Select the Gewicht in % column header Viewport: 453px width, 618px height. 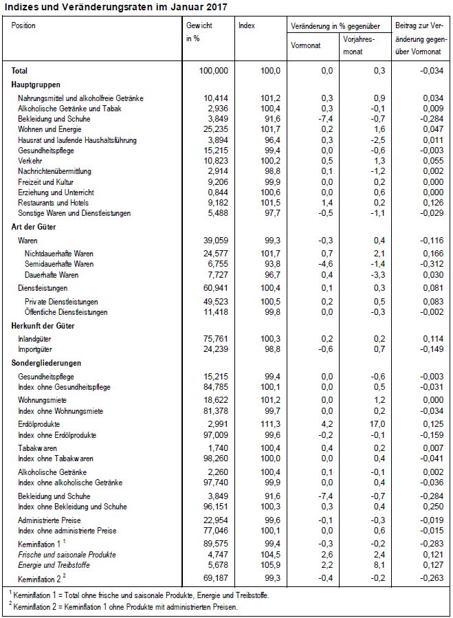[199, 31]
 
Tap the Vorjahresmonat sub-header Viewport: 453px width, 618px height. [358, 45]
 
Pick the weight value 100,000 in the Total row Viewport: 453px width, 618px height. [212, 71]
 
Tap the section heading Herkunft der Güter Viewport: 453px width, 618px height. [43, 326]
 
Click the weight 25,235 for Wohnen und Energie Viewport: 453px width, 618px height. [216, 130]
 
